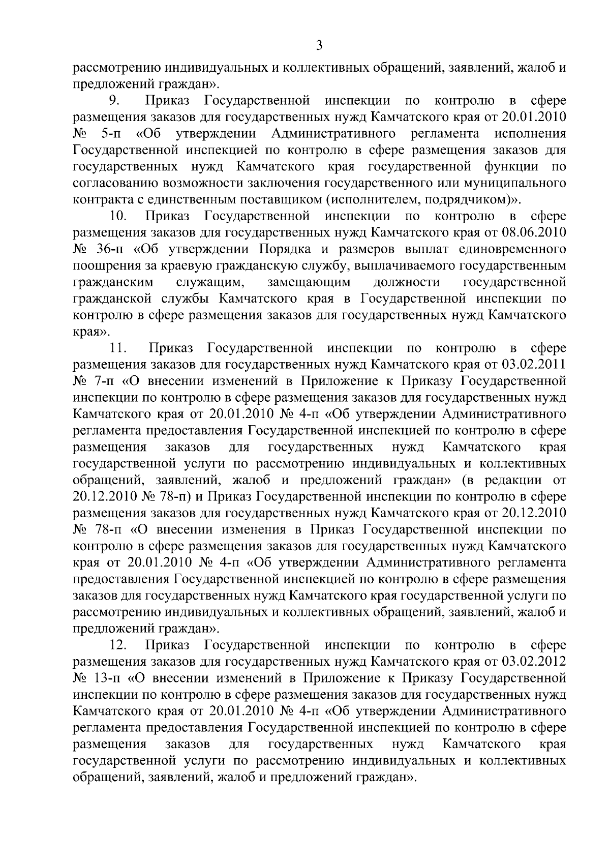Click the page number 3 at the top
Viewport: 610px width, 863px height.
pyautogui.click(x=319, y=46)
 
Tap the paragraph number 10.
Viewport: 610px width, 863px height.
pyautogui.click(x=118, y=216)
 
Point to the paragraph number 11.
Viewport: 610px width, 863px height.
pyautogui.click(x=118, y=348)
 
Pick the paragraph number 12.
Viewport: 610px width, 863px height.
pyautogui.click(x=118, y=645)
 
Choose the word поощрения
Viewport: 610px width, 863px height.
pyautogui.click(x=104, y=266)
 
